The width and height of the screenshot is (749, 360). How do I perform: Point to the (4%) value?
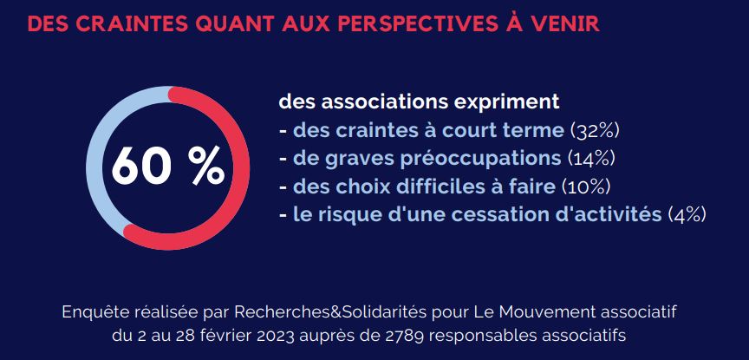click(x=687, y=214)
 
